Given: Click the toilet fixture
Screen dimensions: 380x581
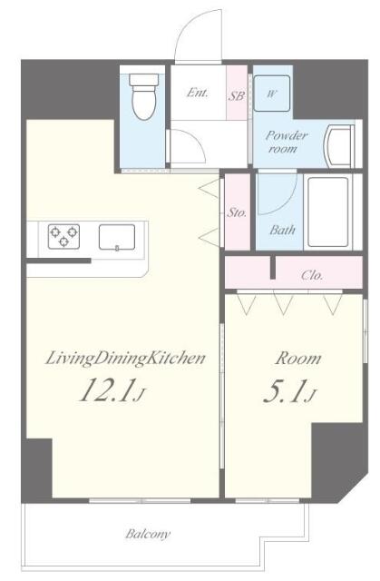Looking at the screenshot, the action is click(144, 97).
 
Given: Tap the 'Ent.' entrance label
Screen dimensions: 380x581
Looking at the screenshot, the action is click(197, 93).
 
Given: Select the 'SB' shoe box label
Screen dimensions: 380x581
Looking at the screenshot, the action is click(236, 96).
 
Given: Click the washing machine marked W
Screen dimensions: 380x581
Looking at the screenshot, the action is click(271, 94).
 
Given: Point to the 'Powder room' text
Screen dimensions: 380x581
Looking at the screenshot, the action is click(286, 142).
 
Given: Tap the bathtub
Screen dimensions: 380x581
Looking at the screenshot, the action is click(327, 212).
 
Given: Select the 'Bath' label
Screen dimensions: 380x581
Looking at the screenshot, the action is click(282, 230).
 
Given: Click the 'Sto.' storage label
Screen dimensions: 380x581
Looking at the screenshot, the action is click(237, 212).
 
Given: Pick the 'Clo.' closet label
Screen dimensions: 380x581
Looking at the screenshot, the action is click(312, 275).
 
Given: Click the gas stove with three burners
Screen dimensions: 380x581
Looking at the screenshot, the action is click(63, 236).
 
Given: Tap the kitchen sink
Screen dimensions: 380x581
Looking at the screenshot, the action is click(117, 237).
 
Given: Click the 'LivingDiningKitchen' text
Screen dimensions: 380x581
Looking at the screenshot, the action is click(125, 359).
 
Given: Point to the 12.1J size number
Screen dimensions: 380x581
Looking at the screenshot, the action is click(111, 390).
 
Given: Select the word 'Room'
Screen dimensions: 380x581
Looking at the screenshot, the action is click(298, 359).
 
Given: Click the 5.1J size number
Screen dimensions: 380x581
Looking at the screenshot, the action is click(289, 391).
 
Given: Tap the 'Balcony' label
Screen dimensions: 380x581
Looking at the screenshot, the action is click(148, 534).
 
